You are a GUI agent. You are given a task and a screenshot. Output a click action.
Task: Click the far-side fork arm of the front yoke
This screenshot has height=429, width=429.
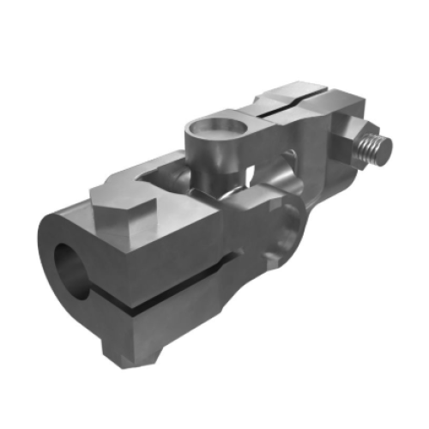[137, 171]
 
